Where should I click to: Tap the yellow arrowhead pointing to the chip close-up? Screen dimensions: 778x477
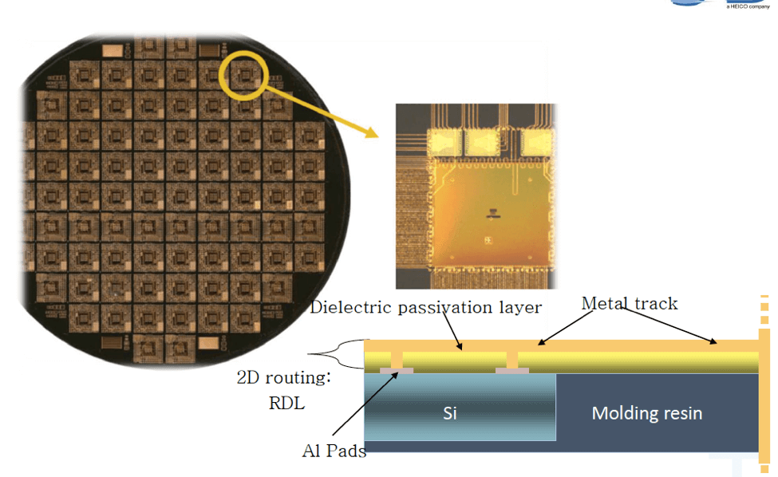(371, 132)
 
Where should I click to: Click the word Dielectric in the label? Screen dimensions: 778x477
(350, 307)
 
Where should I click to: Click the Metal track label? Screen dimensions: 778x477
(629, 303)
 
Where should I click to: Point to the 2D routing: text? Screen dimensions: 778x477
(283, 377)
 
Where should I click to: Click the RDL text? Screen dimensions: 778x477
(286, 403)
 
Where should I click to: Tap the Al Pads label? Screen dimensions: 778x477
(334, 450)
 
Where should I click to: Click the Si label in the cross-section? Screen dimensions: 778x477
(449, 413)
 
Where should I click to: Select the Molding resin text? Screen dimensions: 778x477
(646, 413)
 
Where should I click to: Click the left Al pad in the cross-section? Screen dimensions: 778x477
(397, 371)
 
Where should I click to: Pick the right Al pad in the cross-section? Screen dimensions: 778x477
(512, 371)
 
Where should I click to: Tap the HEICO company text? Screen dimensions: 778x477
(748, 6)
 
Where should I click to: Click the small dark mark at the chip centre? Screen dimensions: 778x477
(492, 214)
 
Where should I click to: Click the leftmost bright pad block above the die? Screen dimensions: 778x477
(444, 141)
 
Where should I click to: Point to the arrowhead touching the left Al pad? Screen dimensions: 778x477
(395, 376)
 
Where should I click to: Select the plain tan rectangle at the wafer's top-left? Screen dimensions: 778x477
(113, 50)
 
